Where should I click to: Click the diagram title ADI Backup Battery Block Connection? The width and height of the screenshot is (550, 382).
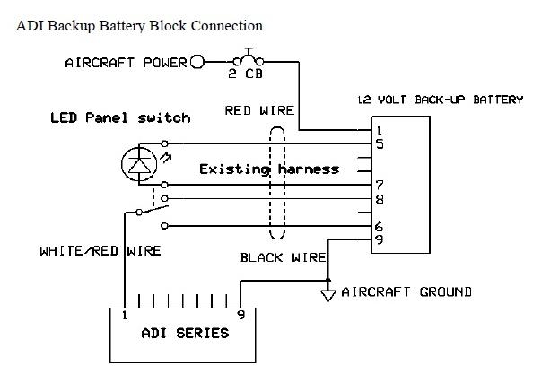click(x=139, y=27)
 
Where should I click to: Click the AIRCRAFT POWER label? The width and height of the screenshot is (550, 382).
click(x=126, y=63)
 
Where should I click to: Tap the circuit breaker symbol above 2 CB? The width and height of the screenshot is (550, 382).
click(x=246, y=56)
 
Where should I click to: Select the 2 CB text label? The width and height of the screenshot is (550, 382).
click(x=245, y=74)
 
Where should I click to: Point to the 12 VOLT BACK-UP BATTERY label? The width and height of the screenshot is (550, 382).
click(x=440, y=100)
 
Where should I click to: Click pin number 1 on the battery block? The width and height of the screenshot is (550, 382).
click(x=380, y=131)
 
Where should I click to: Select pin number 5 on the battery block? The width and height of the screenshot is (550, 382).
click(x=380, y=143)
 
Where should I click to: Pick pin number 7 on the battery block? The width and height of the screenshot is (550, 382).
click(x=380, y=186)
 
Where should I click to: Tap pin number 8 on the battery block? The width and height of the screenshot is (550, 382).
click(x=380, y=199)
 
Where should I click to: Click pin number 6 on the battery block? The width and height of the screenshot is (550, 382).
click(x=380, y=227)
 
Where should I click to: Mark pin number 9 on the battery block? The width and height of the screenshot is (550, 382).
click(x=380, y=239)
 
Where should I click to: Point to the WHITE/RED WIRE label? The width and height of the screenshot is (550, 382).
click(x=100, y=251)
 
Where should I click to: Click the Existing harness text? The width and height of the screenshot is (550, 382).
click(x=269, y=169)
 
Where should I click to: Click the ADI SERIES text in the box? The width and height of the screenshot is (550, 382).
click(x=185, y=334)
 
